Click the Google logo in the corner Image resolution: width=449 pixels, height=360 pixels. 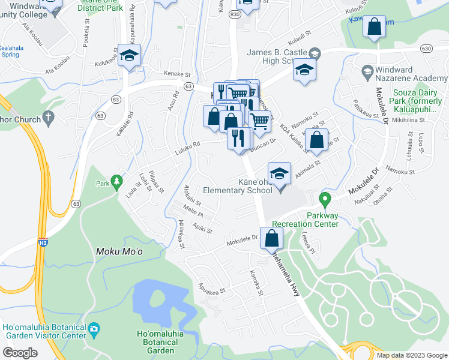coord(20,352)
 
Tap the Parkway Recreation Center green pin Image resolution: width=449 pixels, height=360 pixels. coord(325,199)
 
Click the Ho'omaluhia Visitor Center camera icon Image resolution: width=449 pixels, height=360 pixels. coord(94,328)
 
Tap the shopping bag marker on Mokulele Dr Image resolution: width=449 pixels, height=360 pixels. coord(272,238)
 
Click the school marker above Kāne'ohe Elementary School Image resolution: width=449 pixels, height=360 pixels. coord(279,173)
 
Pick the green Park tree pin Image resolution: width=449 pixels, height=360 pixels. coord(116,180)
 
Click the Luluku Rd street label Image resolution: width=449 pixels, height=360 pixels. coord(188,144)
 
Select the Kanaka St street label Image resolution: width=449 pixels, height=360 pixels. coord(256,283)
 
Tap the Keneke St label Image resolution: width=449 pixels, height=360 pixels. coord(178,75)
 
